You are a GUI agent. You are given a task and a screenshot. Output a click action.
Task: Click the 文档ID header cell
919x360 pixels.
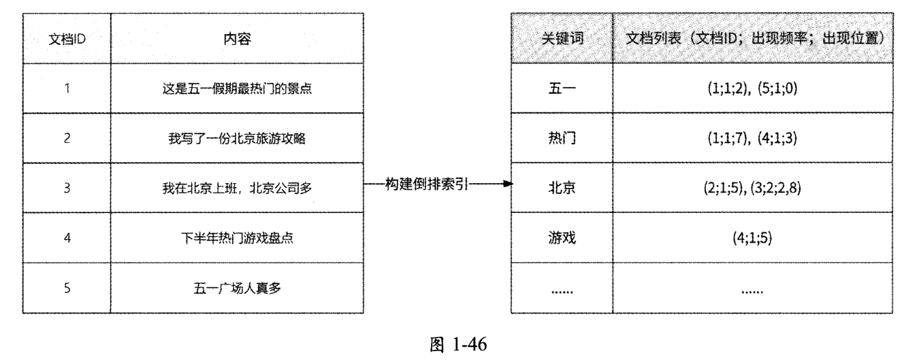(x=67, y=38)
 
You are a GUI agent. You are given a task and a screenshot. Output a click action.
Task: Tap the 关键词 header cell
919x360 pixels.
(x=561, y=38)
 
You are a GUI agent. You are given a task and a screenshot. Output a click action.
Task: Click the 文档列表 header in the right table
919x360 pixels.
(x=753, y=38)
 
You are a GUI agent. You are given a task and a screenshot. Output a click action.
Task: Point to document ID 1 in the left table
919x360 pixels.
(x=67, y=89)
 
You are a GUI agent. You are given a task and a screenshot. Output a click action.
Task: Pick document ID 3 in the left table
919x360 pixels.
(x=67, y=187)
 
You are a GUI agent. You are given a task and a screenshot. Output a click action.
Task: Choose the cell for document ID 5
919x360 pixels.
(x=67, y=288)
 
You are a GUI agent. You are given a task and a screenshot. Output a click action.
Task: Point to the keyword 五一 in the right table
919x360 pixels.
(x=561, y=89)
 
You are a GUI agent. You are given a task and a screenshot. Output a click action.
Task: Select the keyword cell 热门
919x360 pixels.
(x=561, y=138)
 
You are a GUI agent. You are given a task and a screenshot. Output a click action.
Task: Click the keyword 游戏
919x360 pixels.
(x=561, y=238)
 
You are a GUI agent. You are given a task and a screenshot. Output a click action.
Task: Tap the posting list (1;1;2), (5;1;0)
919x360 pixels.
(x=753, y=89)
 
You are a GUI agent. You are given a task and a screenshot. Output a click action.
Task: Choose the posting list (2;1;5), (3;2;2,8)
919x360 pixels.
(x=753, y=187)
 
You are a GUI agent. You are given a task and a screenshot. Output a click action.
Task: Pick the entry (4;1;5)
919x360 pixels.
(x=753, y=238)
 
